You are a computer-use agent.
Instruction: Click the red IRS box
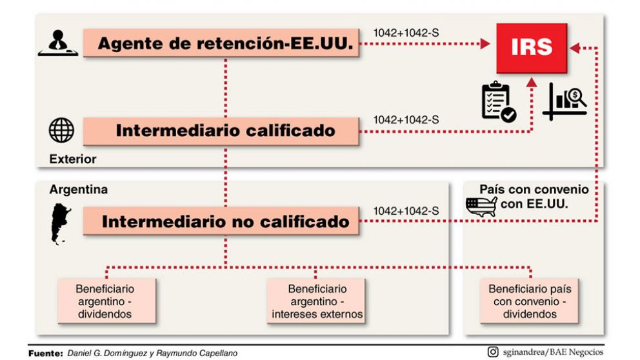click(x=531, y=48)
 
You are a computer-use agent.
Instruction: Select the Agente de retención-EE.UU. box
click(x=221, y=44)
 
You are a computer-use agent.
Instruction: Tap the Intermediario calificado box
click(x=221, y=131)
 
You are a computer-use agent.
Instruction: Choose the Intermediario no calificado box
click(x=221, y=222)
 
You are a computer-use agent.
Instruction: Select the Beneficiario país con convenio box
click(x=530, y=301)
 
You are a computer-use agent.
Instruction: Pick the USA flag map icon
click(x=481, y=206)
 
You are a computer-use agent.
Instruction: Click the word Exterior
click(x=72, y=159)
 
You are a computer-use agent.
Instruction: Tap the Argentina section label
click(x=78, y=190)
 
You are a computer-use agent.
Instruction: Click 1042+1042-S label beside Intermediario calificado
click(x=406, y=119)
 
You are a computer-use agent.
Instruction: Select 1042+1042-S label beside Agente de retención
click(x=406, y=32)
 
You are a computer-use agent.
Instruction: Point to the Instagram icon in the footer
click(x=493, y=352)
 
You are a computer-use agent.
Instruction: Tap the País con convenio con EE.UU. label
click(x=534, y=196)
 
